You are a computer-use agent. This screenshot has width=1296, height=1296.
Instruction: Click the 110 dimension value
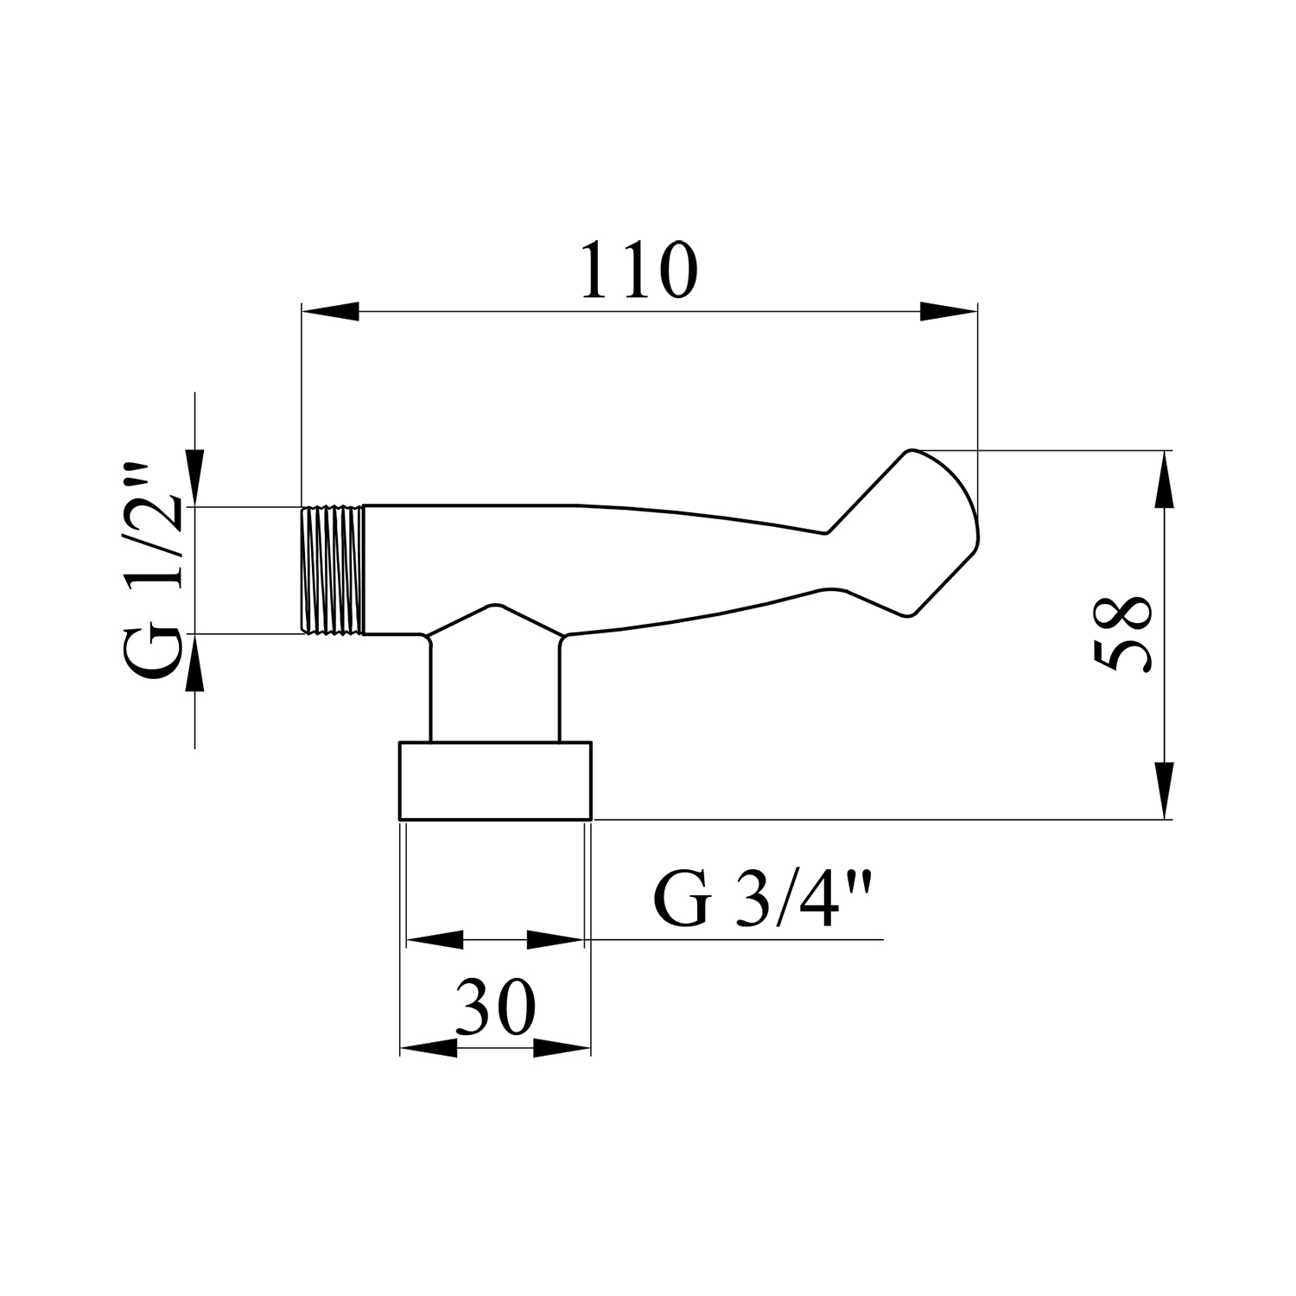click(x=638, y=270)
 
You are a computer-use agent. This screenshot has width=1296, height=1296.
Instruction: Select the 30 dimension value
click(x=496, y=1007)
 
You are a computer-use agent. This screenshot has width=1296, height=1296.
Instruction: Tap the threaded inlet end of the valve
click(x=333, y=570)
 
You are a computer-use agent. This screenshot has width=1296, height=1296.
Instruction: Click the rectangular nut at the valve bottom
click(x=495, y=780)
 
